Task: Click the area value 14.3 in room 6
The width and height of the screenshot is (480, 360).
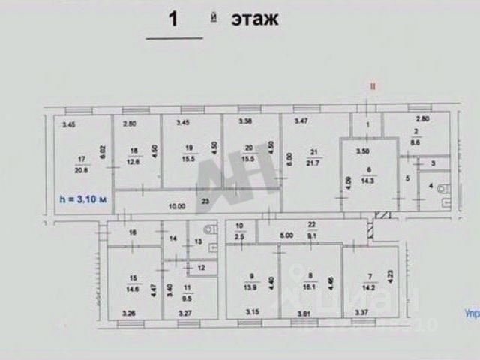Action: [x=367, y=180]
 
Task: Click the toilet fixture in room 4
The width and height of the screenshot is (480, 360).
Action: [x=443, y=189]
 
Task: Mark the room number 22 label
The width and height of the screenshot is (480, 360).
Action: [x=309, y=224]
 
